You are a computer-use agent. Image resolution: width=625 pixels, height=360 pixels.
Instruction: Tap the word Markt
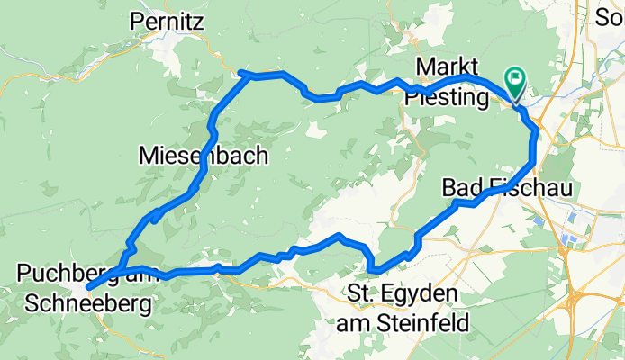tap(448, 68)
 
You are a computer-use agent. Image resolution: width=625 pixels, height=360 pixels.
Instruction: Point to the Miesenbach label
tap(204, 156)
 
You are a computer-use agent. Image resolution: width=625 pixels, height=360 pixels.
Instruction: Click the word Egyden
tap(424, 294)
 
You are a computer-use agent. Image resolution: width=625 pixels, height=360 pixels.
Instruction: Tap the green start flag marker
tap(516, 83)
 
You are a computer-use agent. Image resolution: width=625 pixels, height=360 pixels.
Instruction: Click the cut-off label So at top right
tap(614, 15)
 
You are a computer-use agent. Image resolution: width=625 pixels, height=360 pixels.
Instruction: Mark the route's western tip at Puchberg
tap(89, 287)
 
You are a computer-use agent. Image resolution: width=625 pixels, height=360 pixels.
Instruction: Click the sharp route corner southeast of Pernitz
tap(243, 73)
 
